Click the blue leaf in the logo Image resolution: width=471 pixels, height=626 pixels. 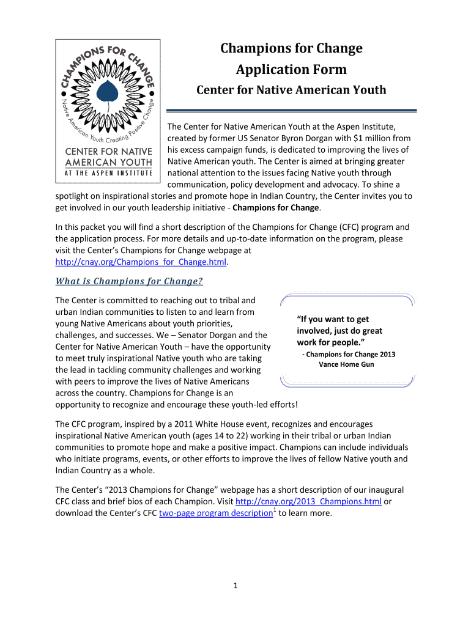[108, 92]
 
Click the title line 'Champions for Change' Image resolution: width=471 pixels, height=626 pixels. [291, 48]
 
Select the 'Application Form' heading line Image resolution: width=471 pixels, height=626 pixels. [291, 69]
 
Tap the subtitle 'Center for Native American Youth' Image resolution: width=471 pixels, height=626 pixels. [291, 90]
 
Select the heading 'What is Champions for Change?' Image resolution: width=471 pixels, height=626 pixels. [129, 282]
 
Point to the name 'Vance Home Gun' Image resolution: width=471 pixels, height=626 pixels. [346, 364]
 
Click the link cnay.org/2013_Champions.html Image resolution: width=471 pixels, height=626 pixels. [308, 502]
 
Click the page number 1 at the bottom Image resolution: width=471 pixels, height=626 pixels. [236, 586]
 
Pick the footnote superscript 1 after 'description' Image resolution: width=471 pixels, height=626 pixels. [273, 510]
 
